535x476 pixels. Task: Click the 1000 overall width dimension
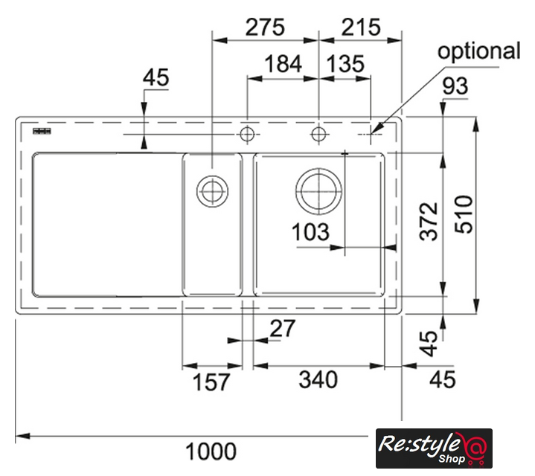click(211, 451)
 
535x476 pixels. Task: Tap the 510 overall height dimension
click(464, 214)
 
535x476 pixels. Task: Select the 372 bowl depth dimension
click(429, 222)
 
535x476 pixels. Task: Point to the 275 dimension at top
click(265, 28)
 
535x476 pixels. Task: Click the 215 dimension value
click(361, 28)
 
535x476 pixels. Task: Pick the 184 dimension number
click(283, 64)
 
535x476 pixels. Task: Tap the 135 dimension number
click(345, 64)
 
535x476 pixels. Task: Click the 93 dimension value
click(455, 86)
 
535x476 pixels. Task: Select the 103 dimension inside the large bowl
click(310, 232)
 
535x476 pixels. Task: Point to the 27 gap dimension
click(283, 328)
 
